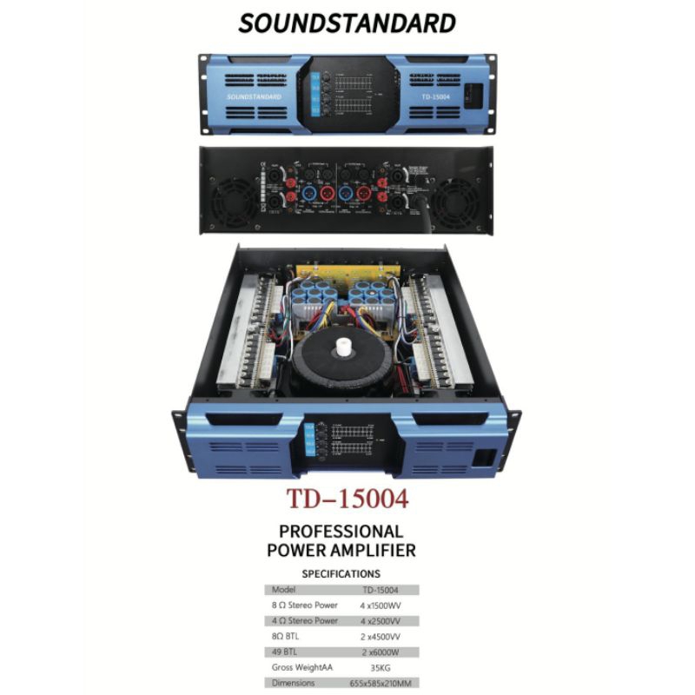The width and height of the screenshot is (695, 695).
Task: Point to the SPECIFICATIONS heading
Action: (x=341, y=574)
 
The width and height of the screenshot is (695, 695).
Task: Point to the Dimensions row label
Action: (x=295, y=685)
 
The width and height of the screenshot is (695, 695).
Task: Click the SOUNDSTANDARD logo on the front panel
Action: (x=255, y=96)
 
